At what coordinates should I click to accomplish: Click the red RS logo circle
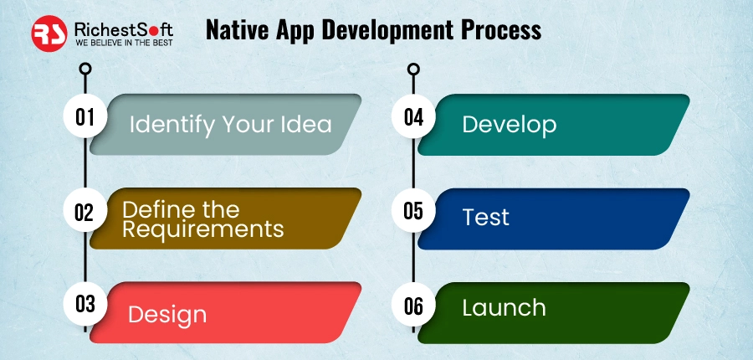tap(49, 33)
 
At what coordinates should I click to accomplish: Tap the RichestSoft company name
tap(124, 30)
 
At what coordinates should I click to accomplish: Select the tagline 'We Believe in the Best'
tap(124, 43)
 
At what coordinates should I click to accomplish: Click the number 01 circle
tap(85, 117)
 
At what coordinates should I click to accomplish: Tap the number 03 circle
tap(85, 304)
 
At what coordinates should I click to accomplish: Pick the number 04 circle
tap(413, 117)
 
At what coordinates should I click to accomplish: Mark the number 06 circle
tap(413, 304)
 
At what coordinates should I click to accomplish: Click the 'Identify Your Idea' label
tap(231, 125)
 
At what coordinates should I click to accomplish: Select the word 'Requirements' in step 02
tap(203, 229)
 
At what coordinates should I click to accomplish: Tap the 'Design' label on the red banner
tap(167, 315)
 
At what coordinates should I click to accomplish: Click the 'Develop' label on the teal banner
tap(509, 125)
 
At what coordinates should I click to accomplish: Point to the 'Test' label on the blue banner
tap(485, 217)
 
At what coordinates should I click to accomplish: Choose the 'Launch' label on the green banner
tap(504, 307)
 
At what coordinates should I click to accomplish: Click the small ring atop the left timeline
tap(85, 69)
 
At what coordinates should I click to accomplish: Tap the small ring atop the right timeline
tap(413, 69)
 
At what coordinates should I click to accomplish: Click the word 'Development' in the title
tap(387, 31)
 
